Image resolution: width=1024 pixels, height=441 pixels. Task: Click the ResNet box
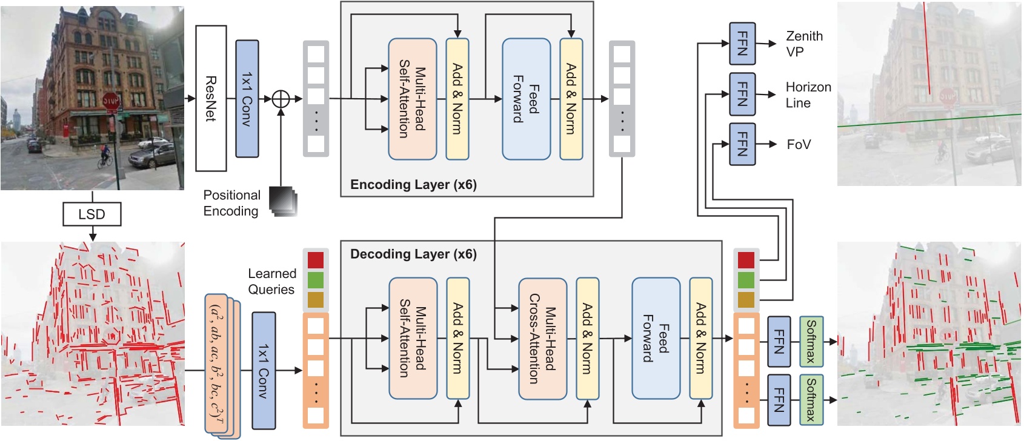click(x=211, y=98)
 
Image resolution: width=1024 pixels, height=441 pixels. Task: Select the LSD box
click(x=92, y=214)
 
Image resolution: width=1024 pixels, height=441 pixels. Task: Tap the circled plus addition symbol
click(x=281, y=98)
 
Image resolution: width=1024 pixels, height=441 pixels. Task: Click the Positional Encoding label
click(x=231, y=203)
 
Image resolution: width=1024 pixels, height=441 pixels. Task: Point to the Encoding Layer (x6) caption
click(x=413, y=185)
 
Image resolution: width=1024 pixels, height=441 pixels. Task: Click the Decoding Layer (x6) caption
click(x=413, y=254)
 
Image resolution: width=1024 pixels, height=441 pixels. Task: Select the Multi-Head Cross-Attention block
click(x=542, y=339)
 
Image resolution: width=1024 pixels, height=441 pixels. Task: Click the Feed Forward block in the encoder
click(x=526, y=98)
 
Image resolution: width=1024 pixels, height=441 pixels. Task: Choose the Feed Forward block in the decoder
click(x=656, y=339)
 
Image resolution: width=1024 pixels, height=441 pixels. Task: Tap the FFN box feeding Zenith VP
click(x=742, y=44)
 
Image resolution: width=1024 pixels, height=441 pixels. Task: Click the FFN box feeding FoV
click(x=742, y=144)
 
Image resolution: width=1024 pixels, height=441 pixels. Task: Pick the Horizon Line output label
click(x=808, y=95)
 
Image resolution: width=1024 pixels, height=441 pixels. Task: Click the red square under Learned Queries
click(x=316, y=260)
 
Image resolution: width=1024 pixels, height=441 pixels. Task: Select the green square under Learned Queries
click(x=316, y=280)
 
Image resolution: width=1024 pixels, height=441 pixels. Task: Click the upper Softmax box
click(x=811, y=342)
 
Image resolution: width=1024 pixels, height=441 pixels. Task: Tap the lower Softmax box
click(x=811, y=400)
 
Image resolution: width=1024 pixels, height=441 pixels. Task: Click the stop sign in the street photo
click(x=110, y=100)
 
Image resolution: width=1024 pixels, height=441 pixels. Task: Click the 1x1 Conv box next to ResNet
click(x=247, y=98)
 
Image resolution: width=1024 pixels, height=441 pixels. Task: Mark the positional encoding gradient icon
click(x=284, y=201)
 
